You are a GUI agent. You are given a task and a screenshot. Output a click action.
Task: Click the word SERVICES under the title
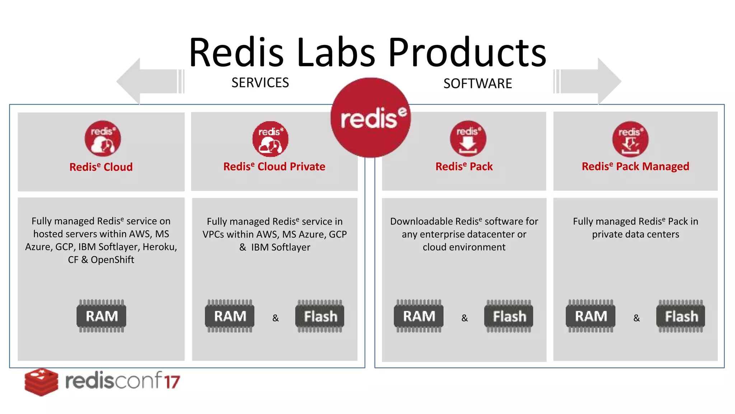pos(260,83)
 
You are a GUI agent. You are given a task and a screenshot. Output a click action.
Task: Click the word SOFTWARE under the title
pos(478,83)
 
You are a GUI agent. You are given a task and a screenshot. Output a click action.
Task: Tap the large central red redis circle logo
pos(371,118)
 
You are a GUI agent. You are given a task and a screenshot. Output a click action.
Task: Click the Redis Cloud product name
pos(101,167)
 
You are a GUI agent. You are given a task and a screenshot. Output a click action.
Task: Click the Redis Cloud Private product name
pos(274,166)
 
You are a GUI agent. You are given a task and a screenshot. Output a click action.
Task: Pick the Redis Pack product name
pos(464,166)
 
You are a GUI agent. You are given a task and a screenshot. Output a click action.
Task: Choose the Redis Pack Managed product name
pos(635,166)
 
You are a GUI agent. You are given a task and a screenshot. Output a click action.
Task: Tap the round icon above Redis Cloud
pos(103,138)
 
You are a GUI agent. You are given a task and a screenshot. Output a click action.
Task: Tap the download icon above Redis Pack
pos(468,139)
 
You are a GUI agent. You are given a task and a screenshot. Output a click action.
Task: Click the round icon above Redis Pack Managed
pos(630,139)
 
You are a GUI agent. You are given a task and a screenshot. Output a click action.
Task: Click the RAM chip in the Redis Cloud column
pos(102,316)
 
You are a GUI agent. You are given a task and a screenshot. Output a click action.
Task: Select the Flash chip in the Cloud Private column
pos(320,316)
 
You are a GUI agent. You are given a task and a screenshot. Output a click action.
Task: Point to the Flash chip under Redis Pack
pos(509,316)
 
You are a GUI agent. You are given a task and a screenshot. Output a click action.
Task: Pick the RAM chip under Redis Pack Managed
pos(591,316)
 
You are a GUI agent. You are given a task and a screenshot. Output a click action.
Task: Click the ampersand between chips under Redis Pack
pos(464,318)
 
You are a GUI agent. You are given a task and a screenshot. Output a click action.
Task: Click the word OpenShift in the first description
pos(112,260)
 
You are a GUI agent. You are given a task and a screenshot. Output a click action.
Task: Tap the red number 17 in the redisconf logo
pos(172,382)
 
